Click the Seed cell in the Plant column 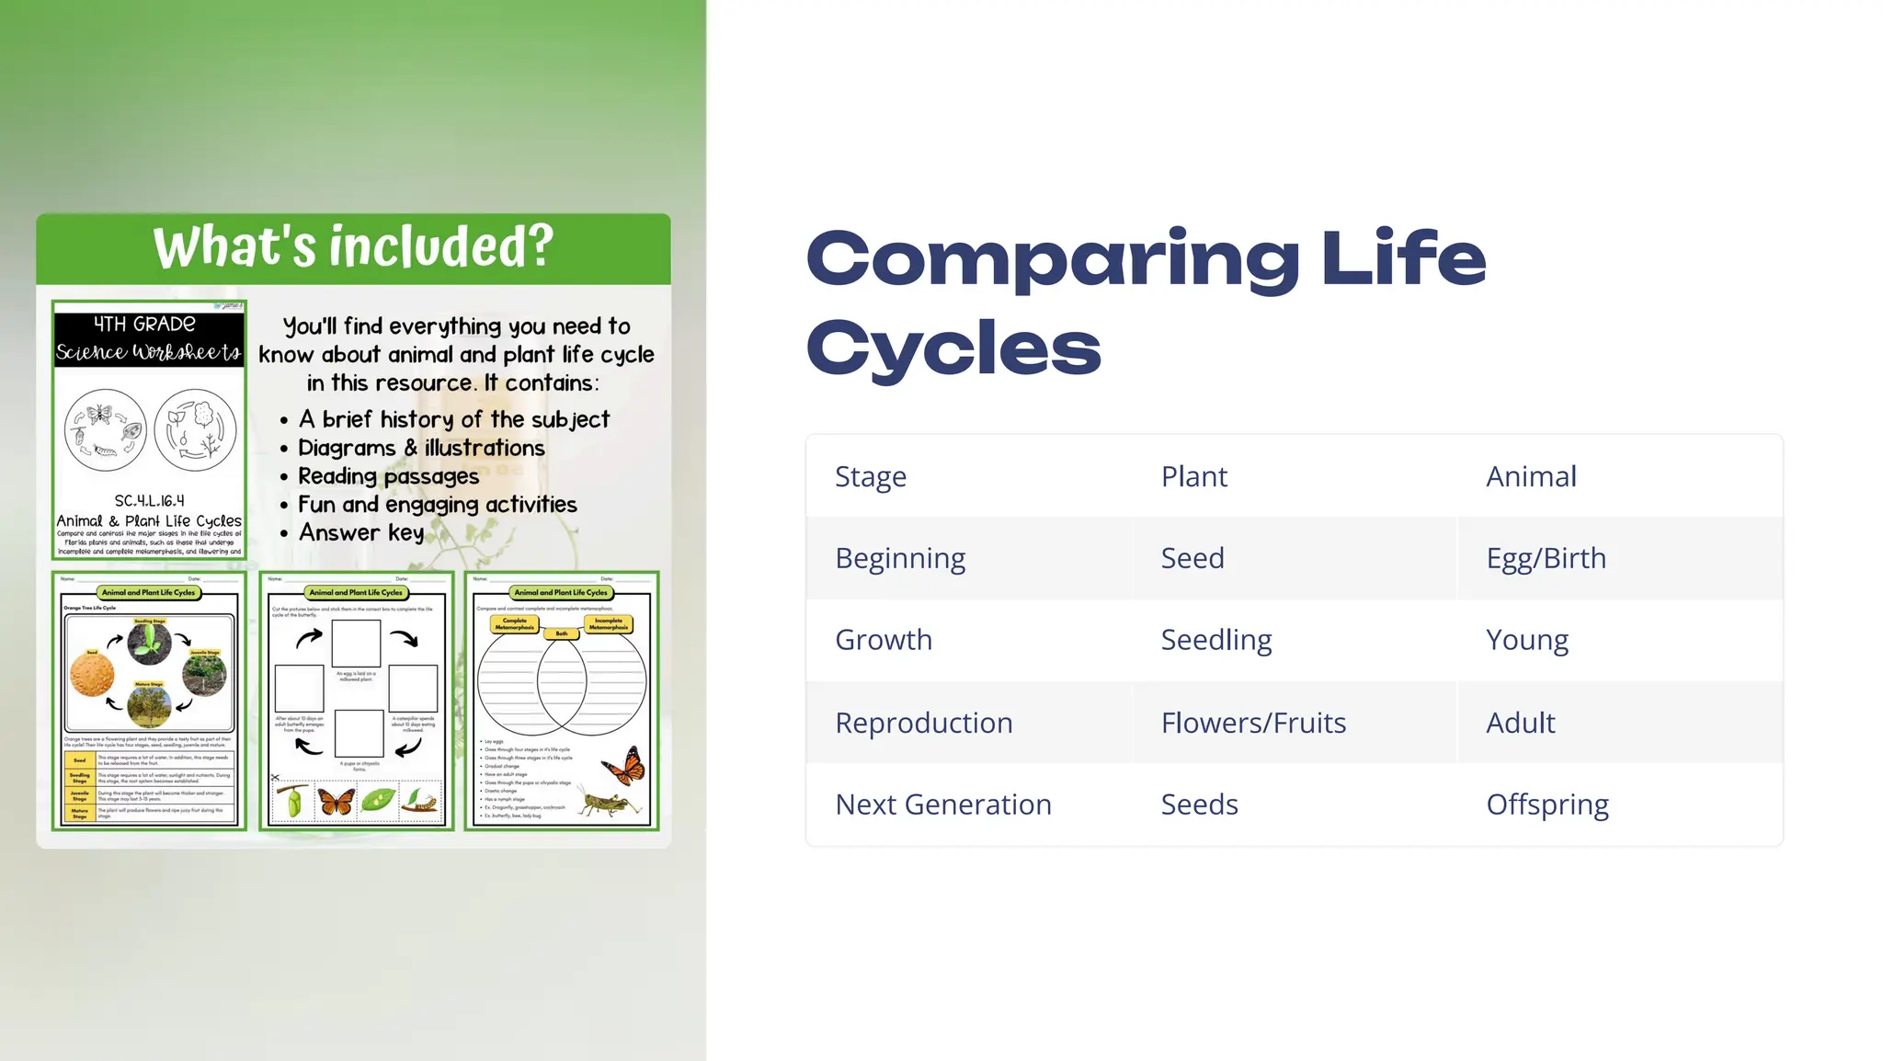pos(1192,558)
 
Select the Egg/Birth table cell pos(1546,558)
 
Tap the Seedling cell pos(1215,640)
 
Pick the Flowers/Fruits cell pos(1252,723)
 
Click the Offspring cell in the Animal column pos(1546,804)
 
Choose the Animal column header pos(1531,476)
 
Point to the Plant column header pos(1193,476)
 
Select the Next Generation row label pos(942,804)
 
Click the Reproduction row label pos(923,723)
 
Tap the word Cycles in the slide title pos(953,348)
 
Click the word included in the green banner pos(441,246)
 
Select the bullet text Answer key pos(361,532)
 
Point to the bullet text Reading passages pos(388,476)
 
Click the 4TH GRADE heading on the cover pos(144,324)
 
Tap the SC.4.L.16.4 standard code pos(149,500)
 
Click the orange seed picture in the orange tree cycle pos(92,677)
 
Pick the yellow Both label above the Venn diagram pos(562,633)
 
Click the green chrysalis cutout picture pos(294,801)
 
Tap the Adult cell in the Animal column pos(1520,723)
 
